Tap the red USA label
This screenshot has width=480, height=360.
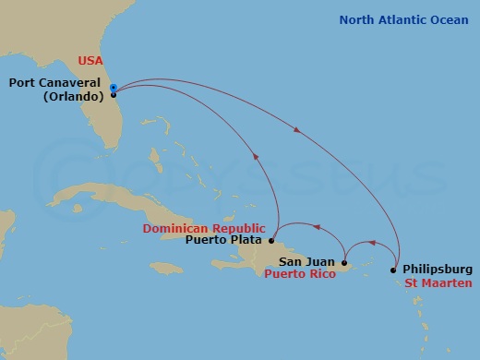tap(89, 62)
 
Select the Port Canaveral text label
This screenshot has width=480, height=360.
tap(56, 82)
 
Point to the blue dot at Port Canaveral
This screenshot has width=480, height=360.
tap(113, 88)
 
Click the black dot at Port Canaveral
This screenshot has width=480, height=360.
tap(113, 94)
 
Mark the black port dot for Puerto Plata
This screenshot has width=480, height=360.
tap(271, 240)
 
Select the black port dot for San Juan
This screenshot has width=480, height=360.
tap(343, 262)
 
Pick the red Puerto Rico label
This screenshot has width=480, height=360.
tap(299, 275)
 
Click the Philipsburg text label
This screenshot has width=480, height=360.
tap(438, 270)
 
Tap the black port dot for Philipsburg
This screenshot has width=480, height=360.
tap(396, 270)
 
